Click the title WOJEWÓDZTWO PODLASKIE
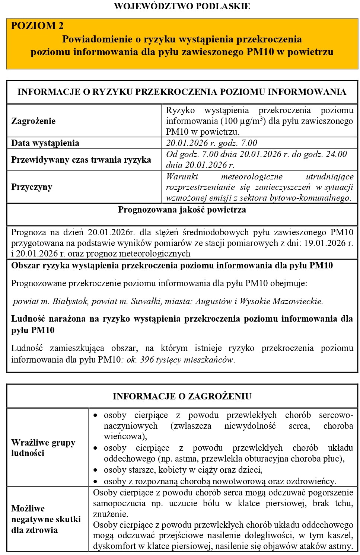[x=182, y=6]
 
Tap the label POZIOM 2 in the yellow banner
[x=37, y=26]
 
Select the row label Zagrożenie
[x=33, y=121]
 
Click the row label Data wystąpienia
[x=45, y=143]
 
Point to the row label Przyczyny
[x=32, y=187]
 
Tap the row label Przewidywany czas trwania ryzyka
[x=81, y=160]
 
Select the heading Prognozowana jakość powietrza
[x=182, y=210]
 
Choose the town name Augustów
[x=214, y=302]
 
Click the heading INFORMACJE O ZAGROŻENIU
[x=182, y=396]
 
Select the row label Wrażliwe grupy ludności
[x=43, y=448]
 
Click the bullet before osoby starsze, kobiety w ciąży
[x=96, y=470]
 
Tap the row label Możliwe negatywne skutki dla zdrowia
[x=46, y=519]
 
